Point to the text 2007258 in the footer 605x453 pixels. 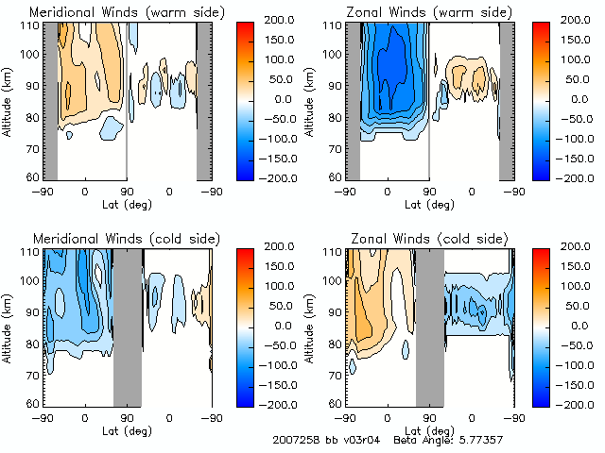click(296, 440)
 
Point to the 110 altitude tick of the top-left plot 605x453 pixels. click(32, 25)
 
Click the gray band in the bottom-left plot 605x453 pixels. click(127, 326)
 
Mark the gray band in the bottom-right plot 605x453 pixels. click(429, 326)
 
